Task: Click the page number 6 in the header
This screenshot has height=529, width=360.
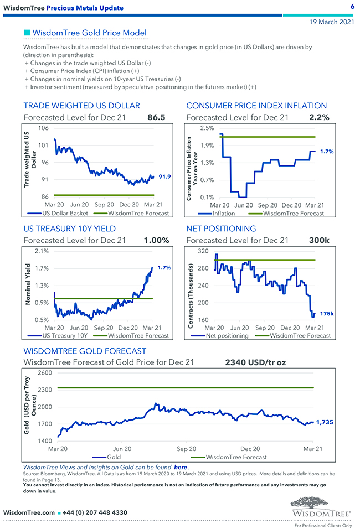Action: [x=352, y=7]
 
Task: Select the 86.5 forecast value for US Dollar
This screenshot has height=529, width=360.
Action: [x=156, y=117]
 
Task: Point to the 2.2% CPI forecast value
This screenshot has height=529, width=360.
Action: [x=319, y=117]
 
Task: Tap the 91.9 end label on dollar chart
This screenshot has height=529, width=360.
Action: [x=164, y=177]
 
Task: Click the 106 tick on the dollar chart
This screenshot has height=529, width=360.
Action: [x=43, y=128]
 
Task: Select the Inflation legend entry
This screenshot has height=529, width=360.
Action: [x=224, y=213]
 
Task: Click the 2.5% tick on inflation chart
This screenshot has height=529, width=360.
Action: [x=207, y=128]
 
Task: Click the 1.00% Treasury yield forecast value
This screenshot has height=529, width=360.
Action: [x=156, y=240]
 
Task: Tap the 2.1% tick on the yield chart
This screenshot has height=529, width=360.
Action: [x=42, y=251]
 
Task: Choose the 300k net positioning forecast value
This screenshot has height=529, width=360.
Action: [x=319, y=240]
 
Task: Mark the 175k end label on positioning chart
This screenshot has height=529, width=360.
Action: [x=327, y=314]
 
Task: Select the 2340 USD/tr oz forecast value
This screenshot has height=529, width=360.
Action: [x=255, y=363]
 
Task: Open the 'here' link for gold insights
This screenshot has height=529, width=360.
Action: [x=180, y=468]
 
